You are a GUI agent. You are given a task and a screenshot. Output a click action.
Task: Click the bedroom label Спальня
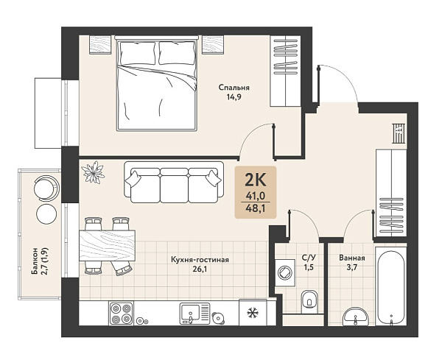(234, 88)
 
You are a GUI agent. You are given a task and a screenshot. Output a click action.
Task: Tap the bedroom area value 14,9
(234, 97)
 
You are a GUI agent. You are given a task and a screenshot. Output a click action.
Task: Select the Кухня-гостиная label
(200, 260)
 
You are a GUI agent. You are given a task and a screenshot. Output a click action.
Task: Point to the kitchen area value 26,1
(200, 269)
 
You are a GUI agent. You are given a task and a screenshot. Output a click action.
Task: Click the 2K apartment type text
(256, 180)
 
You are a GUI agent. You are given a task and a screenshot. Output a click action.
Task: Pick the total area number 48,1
(256, 208)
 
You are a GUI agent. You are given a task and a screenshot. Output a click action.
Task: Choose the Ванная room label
(352, 258)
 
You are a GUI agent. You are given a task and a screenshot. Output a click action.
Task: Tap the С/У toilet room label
(309, 258)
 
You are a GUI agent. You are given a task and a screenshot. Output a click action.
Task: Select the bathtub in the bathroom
(391, 286)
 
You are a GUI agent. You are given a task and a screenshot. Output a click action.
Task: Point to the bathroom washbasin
(355, 317)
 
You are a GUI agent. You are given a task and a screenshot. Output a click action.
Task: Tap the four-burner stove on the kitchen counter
(122, 313)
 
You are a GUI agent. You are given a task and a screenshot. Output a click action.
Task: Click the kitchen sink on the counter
(194, 313)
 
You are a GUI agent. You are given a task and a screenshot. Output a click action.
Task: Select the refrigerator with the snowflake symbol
(253, 312)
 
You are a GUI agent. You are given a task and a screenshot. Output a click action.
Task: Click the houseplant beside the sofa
(93, 172)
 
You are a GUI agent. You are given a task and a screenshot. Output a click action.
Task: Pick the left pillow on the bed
(138, 53)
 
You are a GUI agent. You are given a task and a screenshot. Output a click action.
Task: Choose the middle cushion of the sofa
(174, 186)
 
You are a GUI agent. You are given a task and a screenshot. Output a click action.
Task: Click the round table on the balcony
(46, 214)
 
